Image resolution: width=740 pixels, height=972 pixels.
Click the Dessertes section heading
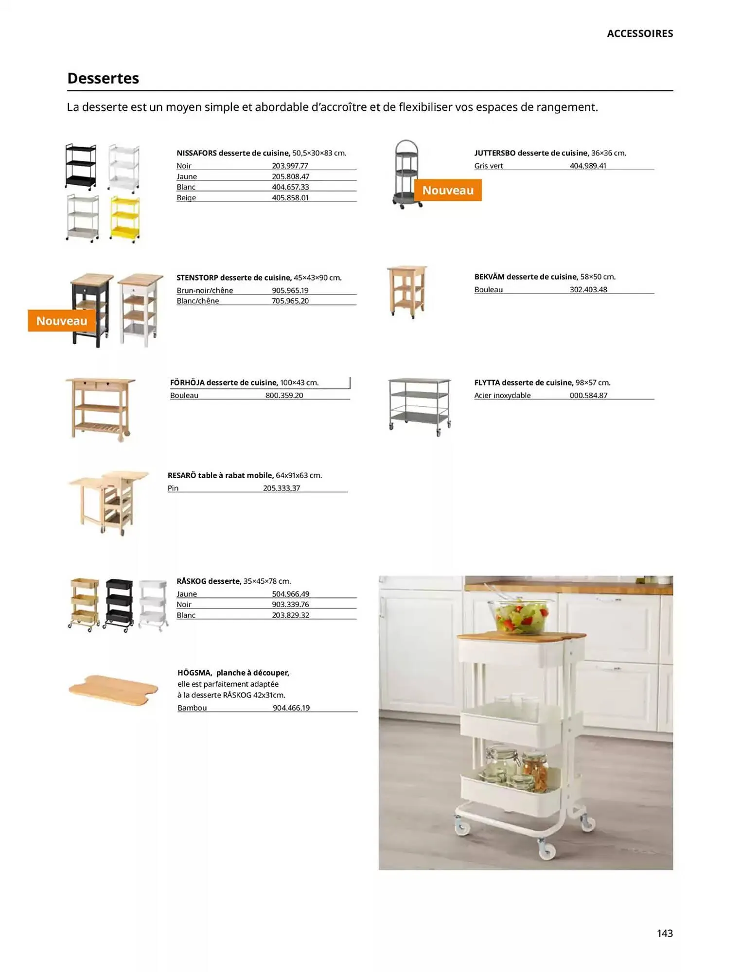click(x=103, y=78)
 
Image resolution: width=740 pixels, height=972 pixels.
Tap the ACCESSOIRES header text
click(x=639, y=34)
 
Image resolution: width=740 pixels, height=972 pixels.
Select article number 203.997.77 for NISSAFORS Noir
click(x=290, y=166)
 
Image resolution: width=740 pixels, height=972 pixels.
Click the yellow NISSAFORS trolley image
click(x=124, y=218)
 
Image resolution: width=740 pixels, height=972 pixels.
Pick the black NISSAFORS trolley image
click(x=81, y=166)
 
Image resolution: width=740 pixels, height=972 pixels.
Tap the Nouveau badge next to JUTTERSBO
click(x=447, y=190)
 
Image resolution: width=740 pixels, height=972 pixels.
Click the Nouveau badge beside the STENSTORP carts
click(x=61, y=321)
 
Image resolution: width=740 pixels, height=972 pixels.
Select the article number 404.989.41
click(x=588, y=166)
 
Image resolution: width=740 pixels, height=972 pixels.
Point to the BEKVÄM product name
click(x=489, y=277)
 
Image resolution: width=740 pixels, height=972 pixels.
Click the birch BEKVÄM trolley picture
click(x=407, y=291)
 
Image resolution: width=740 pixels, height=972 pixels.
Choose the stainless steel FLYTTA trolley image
click(x=420, y=406)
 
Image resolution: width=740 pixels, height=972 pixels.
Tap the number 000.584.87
click(x=588, y=395)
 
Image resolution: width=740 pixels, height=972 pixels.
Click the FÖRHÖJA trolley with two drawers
click(x=100, y=409)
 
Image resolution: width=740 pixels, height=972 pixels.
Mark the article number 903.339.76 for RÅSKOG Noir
click(x=290, y=604)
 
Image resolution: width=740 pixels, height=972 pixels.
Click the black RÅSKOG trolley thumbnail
click(x=119, y=604)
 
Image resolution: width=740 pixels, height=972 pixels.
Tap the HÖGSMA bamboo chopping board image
click(x=114, y=689)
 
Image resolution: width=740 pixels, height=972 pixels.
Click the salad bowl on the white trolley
click(x=521, y=615)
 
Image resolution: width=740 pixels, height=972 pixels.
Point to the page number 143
click(x=664, y=933)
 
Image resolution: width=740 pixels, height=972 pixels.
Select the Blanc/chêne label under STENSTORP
click(x=197, y=301)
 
